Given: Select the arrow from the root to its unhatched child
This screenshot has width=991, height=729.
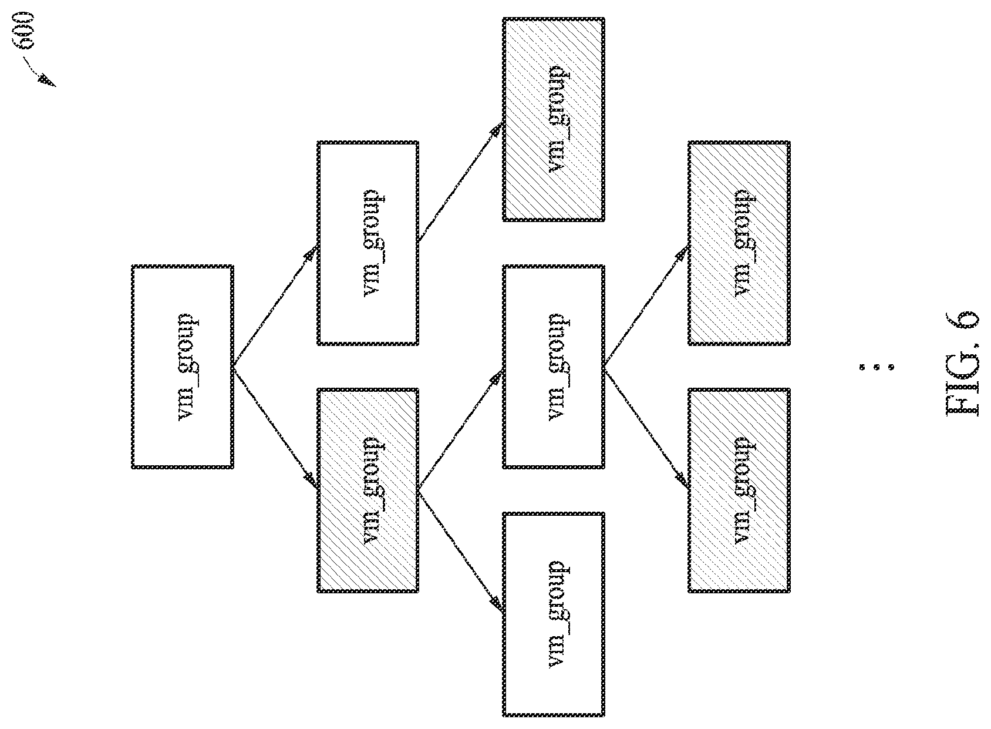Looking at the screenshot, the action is tap(275, 306).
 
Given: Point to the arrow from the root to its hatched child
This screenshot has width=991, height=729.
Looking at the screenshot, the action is tap(275, 428).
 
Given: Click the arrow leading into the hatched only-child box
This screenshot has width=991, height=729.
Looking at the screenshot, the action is tap(460, 182).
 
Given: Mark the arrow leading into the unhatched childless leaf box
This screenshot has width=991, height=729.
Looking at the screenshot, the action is tap(460, 552).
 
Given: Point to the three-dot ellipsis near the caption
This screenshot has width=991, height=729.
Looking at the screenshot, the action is tap(877, 367).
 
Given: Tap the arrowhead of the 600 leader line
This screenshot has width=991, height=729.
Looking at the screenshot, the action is tap(48, 81).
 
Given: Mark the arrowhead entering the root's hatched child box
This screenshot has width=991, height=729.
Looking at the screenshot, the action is tap(312, 481).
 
